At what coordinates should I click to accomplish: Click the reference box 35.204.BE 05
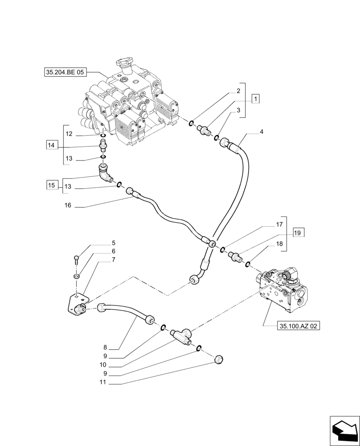(65, 72)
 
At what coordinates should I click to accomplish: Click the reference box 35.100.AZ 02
(298, 326)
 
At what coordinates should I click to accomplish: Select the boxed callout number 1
(255, 99)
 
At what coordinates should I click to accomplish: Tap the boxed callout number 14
(52, 145)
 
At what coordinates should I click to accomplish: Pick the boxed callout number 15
(52, 185)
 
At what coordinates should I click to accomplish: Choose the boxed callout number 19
(299, 232)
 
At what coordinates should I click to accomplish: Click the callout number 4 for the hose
(262, 132)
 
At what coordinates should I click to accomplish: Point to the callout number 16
(68, 206)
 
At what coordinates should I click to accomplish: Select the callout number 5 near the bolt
(114, 243)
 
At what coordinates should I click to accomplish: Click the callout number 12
(69, 134)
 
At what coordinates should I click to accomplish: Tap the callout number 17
(279, 224)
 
